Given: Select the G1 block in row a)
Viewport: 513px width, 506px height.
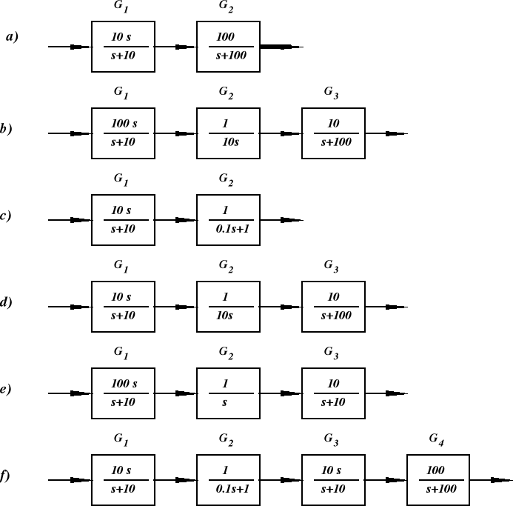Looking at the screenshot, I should (x=123, y=47).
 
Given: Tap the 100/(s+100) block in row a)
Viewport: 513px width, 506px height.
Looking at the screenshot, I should (x=229, y=47).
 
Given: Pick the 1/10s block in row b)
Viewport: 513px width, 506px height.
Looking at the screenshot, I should (x=229, y=133).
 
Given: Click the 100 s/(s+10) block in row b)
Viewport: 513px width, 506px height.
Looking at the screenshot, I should (x=123, y=133).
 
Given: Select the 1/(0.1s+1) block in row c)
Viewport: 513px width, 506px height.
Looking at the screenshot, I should (x=229, y=220).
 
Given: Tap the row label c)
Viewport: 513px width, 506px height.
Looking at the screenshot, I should (x=6, y=216).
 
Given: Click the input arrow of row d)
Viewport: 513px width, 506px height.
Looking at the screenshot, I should (x=70, y=306).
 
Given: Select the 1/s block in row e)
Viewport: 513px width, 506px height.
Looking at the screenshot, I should (x=229, y=393).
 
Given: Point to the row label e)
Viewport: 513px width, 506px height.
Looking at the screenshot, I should (x=6, y=390).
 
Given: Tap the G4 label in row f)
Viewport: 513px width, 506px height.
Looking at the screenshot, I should (x=437, y=439).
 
